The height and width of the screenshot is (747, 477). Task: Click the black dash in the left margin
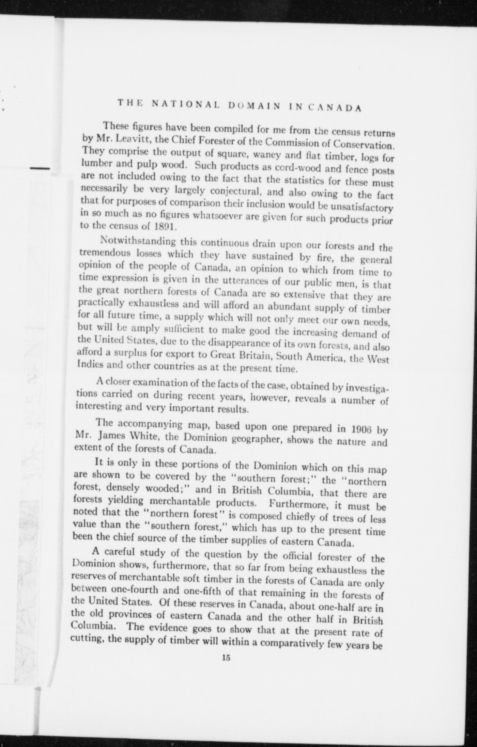(x=40, y=168)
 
